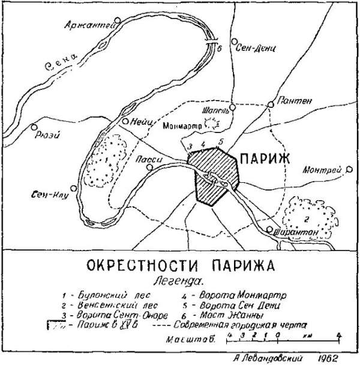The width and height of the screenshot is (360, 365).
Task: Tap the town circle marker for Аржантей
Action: (118, 20)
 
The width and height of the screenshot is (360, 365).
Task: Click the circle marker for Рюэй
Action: (35, 127)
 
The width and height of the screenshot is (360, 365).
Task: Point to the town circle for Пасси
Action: (148, 169)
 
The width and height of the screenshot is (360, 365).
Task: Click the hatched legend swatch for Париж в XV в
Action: (61, 326)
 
